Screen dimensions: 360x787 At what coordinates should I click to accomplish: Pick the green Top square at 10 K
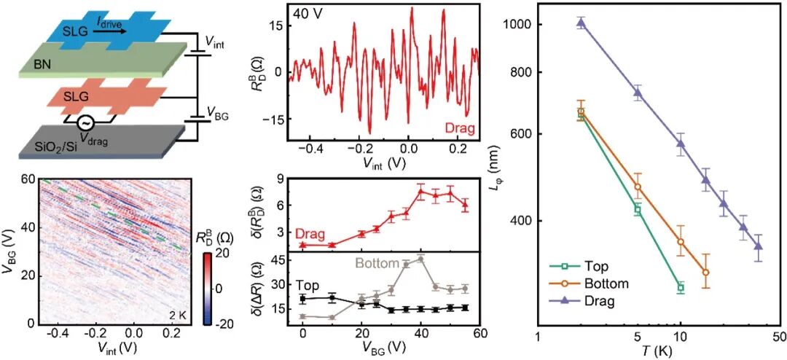[681, 287]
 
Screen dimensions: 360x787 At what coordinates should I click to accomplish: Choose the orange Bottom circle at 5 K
[638, 187]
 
